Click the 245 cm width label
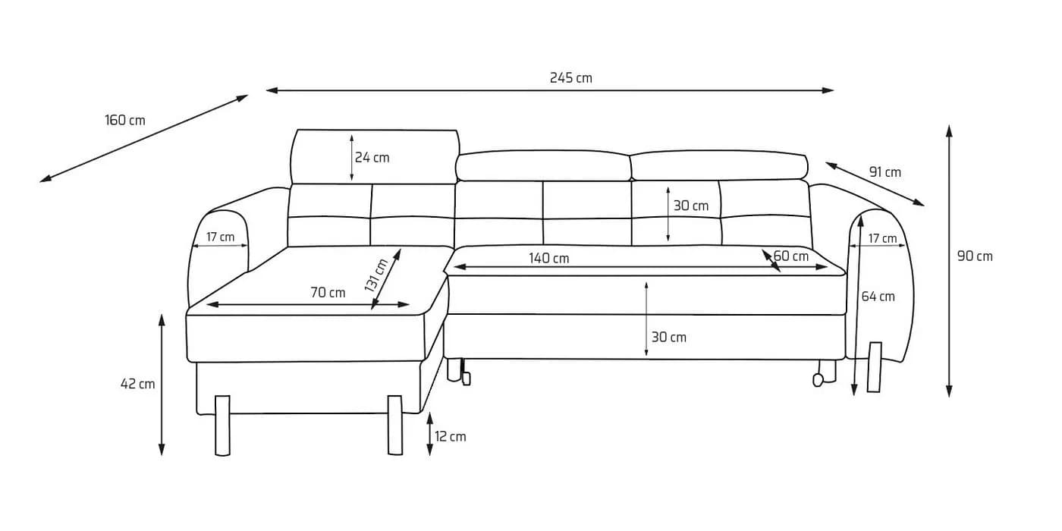click(570, 77)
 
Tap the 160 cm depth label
click(125, 121)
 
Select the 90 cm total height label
click(975, 256)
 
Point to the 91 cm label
click(884, 172)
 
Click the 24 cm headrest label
click(372, 158)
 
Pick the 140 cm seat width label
click(549, 259)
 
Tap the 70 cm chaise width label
click(328, 293)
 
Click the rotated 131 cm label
click(376, 275)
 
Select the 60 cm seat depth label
click(791, 256)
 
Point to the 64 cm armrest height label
click(878, 297)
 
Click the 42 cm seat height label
click(138, 384)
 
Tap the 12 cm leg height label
click(451, 437)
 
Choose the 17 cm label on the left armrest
click(221, 237)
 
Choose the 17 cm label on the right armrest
click(883, 238)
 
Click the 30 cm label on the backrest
click(691, 206)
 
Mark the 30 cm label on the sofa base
click(669, 338)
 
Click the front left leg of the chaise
click(222, 426)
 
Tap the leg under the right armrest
click(875, 367)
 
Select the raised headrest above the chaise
click(375, 156)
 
